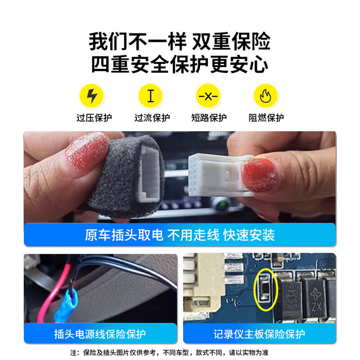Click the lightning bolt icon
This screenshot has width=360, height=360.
pos(92,96)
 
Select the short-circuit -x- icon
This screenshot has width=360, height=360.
pos(208,96)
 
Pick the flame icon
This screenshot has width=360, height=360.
pos(265,96)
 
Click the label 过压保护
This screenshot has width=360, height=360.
pos(94,118)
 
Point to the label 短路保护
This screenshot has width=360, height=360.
pos(209,118)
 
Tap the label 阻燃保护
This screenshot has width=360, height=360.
pos(266,118)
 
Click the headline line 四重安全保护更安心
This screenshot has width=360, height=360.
pos(180,64)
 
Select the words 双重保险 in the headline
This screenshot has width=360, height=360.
pos(232,42)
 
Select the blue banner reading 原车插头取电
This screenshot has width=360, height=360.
pos(180,235)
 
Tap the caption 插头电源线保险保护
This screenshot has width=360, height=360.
pos(100,334)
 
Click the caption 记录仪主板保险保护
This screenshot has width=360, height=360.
pos(259,334)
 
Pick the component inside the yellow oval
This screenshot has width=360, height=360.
pos(265,288)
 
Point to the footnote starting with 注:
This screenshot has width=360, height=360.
pos(180,352)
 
